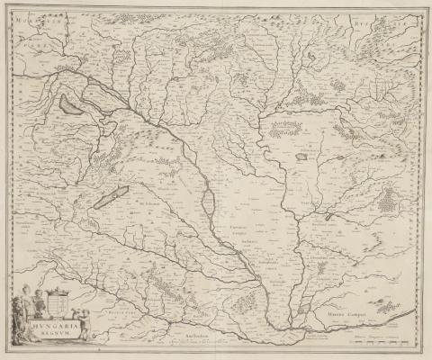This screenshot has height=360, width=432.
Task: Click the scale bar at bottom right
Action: [x=378, y=343]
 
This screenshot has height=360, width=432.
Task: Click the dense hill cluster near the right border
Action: [x=388, y=202]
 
